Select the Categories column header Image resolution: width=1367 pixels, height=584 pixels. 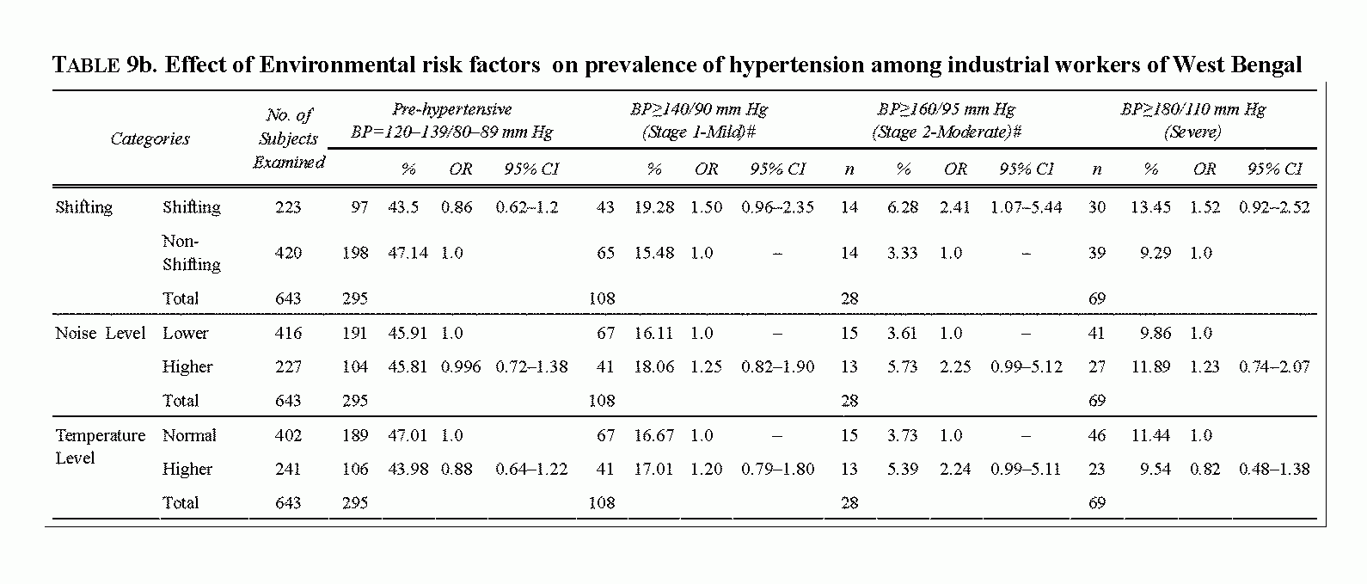coord(150,139)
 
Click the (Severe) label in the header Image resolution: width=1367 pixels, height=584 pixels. coord(1192,132)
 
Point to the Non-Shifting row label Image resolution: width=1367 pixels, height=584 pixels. coord(192,253)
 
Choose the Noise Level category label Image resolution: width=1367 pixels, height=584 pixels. coord(100,333)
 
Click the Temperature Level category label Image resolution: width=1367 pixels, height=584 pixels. coord(100,446)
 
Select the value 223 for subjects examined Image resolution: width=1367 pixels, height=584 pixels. coord(288,207)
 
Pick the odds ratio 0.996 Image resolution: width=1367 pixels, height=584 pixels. coord(461,366)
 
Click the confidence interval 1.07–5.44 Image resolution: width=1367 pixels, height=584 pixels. coord(1026,207)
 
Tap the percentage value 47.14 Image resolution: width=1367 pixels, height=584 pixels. coord(408,253)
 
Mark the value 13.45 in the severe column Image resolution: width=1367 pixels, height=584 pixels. coord(1150,207)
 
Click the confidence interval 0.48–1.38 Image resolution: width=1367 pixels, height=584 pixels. coord(1274,470)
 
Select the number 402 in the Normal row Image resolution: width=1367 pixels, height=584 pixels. coord(288,436)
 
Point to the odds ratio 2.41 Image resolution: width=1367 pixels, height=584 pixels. coord(955,207)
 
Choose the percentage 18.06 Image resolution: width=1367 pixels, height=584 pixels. coord(653,366)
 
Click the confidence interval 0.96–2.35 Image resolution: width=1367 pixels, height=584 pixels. coord(777,207)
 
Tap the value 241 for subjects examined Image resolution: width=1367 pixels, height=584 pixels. coord(288,470)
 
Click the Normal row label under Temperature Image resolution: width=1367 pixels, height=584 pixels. coord(189,436)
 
